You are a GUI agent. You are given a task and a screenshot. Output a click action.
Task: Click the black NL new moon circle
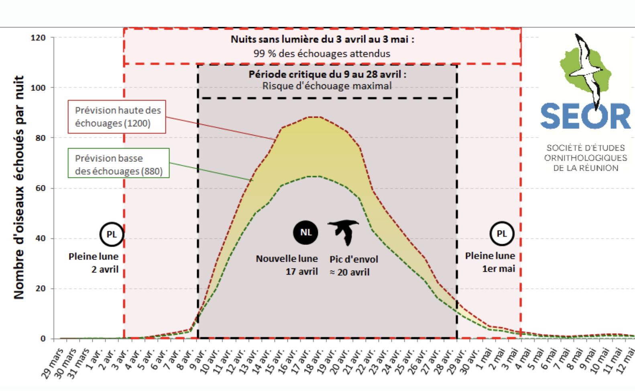pos(305,232)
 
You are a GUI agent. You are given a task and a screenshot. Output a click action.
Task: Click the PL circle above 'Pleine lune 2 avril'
pos(112,234)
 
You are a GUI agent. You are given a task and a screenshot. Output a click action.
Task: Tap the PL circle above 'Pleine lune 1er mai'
pos(502,234)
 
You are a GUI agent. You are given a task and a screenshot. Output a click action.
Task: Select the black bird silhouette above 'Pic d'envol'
pos(344,232)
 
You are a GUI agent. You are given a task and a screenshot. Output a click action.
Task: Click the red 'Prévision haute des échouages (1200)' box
pos(117,117)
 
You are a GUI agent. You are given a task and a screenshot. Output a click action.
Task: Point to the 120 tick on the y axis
pos(38,38)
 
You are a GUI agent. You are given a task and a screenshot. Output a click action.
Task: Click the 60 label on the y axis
pos(40,188)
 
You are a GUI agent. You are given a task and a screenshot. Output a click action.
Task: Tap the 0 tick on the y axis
pos(43,339)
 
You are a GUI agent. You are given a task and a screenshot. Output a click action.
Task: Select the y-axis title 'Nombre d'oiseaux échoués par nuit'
pos(19,187)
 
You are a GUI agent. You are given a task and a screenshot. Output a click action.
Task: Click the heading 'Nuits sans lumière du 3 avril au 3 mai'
pos(322,39)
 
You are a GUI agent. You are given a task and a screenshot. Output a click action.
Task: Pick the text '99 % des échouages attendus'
pos(322,53)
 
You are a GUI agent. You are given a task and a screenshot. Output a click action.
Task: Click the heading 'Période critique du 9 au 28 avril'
pos(327,74)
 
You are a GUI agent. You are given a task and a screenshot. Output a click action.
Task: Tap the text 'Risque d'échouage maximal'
pos(327,86)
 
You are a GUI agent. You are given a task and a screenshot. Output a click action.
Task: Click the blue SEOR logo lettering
pos(585,116)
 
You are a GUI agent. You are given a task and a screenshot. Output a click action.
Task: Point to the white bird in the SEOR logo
pos(587,68)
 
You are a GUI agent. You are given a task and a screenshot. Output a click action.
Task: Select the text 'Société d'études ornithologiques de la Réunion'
pos(586,158)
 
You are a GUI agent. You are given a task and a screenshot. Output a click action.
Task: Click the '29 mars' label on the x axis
pos(53,364)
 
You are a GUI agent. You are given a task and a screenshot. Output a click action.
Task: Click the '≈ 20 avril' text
pos(350,272)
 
